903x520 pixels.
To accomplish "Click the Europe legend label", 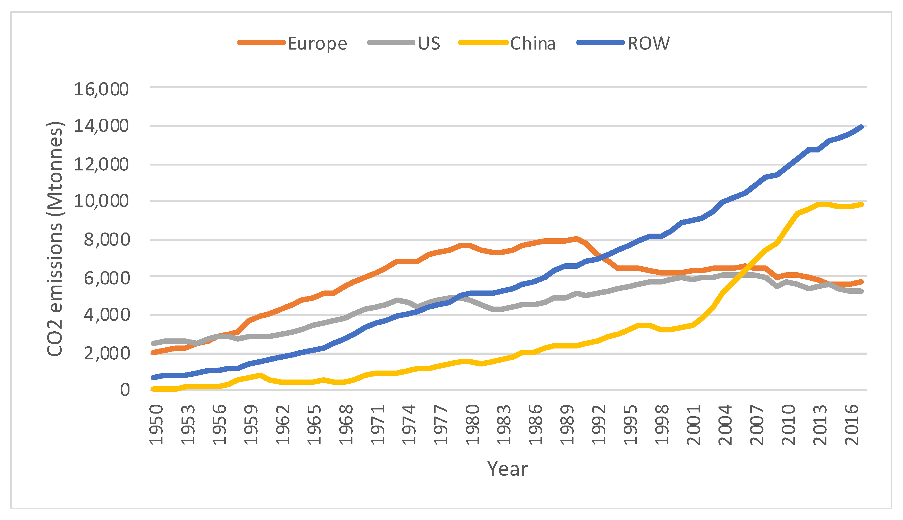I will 318,44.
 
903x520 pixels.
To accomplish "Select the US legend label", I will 429,44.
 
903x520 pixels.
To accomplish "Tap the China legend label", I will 533,44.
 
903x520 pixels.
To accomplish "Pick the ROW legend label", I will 648,44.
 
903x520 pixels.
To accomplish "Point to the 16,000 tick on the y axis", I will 101,89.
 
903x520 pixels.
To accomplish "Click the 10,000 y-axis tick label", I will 101,201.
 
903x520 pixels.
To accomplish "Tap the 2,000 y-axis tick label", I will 106,354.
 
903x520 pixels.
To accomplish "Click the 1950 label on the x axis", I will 156,425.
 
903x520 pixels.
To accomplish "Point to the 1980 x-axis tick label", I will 473,425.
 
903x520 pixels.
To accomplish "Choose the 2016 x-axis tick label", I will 852,425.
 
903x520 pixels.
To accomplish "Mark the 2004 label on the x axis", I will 726,425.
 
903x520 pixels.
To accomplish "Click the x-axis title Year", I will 507,469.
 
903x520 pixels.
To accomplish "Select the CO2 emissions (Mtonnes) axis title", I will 55,238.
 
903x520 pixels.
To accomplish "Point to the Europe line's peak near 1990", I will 576,238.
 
